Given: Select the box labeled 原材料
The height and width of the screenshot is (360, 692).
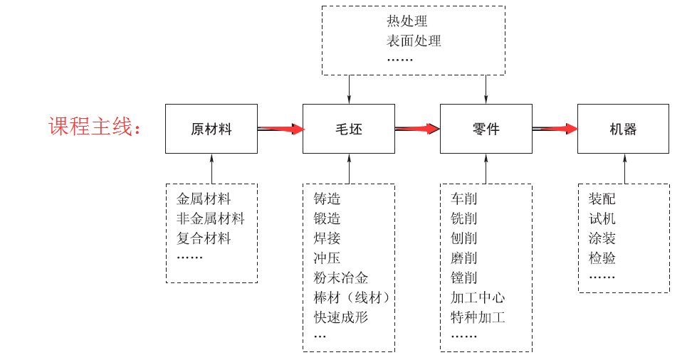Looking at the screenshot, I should (211, 129).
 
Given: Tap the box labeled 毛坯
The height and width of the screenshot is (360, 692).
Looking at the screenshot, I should (349, 129).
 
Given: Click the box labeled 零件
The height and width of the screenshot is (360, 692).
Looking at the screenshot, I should (486, 129).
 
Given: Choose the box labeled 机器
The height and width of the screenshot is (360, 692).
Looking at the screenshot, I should (623, 129).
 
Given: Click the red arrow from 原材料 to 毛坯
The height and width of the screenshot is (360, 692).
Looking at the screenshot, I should (281, 129).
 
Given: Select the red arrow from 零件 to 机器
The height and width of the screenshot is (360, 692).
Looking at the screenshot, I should (555, 129).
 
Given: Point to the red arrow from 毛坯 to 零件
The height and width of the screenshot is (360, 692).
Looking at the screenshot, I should (417, 129).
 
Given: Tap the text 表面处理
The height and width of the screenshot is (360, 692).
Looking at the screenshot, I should (414, 41).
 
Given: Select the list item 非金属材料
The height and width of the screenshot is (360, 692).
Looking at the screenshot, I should (210, 218).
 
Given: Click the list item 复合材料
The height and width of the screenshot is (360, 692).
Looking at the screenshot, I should (204, 238).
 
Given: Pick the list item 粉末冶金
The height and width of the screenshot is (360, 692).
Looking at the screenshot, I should (340, 277).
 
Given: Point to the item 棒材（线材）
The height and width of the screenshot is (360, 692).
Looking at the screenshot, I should (352, 297).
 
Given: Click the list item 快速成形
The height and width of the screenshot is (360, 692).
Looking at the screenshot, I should (340, 317).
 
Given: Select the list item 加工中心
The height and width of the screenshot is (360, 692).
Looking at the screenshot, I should (478, 297).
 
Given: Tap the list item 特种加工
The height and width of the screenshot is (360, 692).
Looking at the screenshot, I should (478, 317).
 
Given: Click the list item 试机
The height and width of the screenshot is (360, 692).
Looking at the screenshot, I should (602, 218).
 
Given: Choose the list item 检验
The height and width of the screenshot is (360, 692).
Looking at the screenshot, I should (602, 258).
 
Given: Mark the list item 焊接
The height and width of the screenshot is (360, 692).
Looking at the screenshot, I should (327, 238).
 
